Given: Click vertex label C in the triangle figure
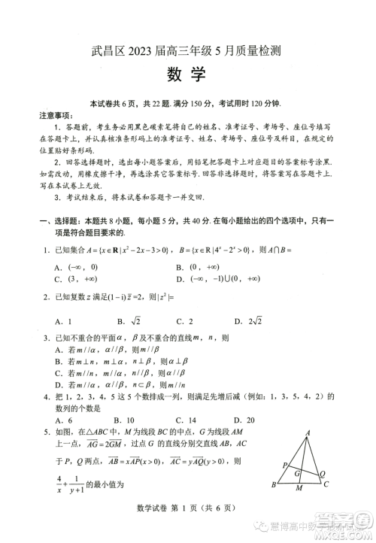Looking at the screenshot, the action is coord(327,506).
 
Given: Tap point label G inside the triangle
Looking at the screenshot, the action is coord(298,475).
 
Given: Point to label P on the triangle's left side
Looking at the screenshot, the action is coord(284,466).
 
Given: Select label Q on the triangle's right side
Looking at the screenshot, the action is coord(323,474).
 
